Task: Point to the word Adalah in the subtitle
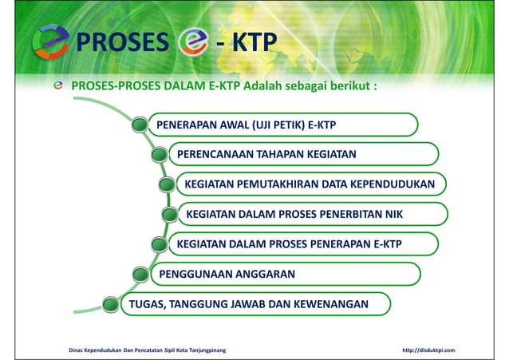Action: [x=267, y=85]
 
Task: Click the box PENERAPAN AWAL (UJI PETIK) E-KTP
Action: [x=283, y=125]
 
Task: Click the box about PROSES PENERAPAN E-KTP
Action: [x=303, y=244]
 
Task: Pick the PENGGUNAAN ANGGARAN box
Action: [x=283, y=274]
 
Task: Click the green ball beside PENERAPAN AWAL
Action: [x=140, y=125]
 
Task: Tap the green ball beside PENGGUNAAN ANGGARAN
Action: [x=140, y=275]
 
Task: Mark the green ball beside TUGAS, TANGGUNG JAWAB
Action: [x=111, y=305]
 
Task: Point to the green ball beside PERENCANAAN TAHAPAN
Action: [x=160, y=155]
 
